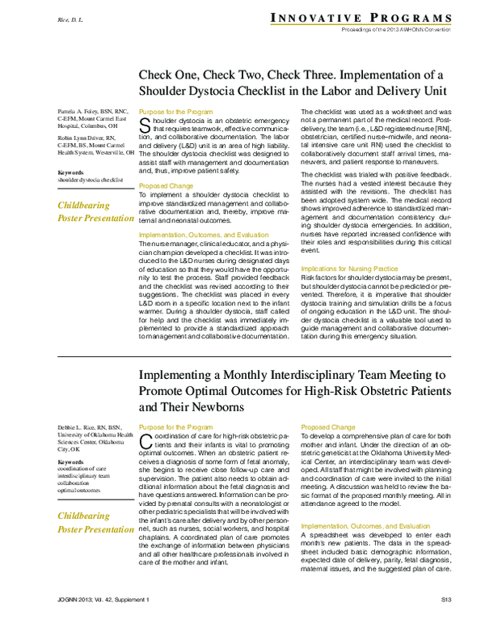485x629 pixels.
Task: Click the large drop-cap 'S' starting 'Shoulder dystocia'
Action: [145, 125]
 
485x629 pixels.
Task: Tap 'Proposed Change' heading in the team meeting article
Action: [328, 427]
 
